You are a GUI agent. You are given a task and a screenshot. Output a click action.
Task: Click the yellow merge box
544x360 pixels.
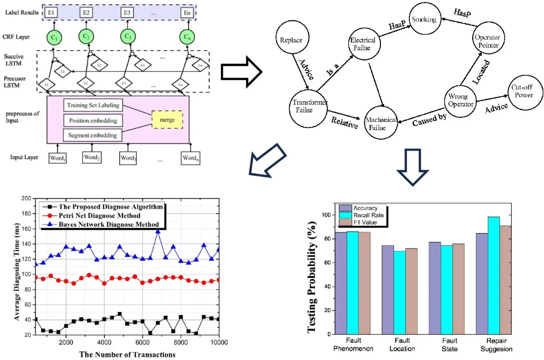point(166,119)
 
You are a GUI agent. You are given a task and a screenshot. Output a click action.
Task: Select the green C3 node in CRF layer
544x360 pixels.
point(128,36)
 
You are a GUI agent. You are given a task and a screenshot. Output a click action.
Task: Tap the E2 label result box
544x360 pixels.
point(85,12)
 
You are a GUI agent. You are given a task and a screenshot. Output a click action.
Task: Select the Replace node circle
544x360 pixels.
point(291,40)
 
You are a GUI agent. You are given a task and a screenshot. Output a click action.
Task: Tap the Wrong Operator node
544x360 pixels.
point(461,100)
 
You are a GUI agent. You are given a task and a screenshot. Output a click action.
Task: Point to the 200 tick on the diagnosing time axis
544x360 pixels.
point(27,198)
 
